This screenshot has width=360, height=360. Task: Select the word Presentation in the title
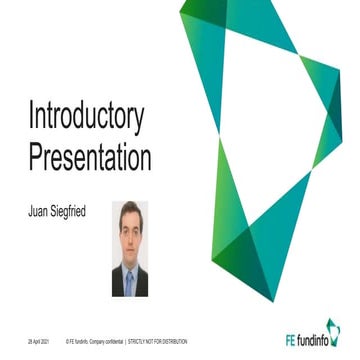tap(89, 158)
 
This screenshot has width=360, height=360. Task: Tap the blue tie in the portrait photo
tap(129, 280)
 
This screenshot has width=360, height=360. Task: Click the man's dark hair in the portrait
tap(129, 209)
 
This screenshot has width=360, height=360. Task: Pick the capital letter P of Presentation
tap(35, 157)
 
